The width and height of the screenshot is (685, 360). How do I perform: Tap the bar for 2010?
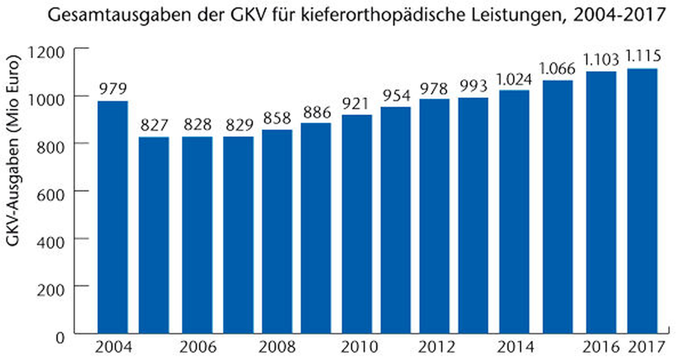357,224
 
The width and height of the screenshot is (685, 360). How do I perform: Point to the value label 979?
113,89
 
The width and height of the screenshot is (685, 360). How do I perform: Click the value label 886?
317,113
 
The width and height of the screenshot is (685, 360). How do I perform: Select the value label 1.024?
514,80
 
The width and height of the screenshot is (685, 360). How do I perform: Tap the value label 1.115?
643,56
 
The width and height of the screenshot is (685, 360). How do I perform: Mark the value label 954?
396,96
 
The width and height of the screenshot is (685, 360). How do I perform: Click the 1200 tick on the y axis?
46,53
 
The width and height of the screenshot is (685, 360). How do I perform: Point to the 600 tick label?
51,195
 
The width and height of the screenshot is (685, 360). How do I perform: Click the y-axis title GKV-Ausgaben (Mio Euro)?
13,151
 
